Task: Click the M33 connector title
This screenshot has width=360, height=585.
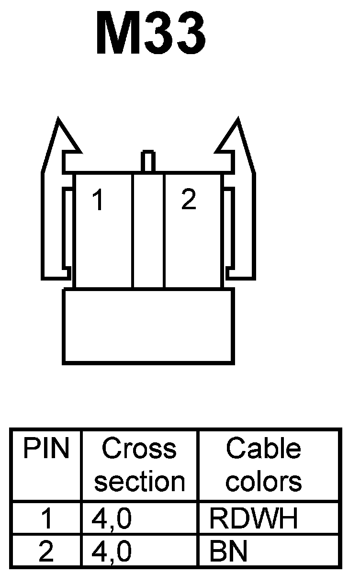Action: [151, 34]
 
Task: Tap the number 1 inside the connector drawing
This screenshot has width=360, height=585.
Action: [98, 201]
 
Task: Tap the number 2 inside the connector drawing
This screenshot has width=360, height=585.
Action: [189, 200]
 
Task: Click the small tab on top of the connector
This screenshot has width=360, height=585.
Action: [148, 161]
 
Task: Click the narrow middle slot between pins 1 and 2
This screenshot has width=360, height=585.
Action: [148, 230]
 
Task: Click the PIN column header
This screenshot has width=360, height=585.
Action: [46, 450]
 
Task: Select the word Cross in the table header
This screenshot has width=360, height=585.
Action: [139, 450]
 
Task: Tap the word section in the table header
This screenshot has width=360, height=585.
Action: [139, 481]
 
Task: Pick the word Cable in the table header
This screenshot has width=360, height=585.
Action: [263, 450]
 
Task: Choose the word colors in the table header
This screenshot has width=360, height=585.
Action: [264, 481]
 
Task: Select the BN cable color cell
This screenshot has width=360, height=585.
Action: [228, 552]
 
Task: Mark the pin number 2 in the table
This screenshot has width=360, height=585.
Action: [46, 552]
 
